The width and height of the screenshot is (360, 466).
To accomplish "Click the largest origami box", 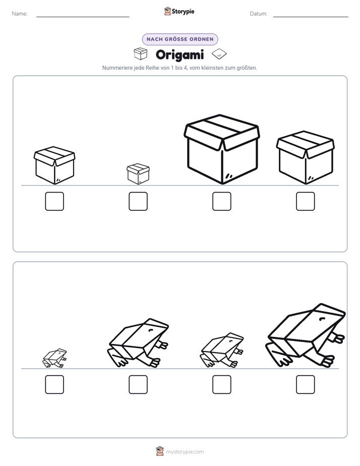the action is pos(222,149).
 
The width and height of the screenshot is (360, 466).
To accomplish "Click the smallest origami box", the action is pos(138,173).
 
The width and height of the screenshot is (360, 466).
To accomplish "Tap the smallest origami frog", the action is pos(54,358).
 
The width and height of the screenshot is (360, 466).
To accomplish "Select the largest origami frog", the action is pos(306,335).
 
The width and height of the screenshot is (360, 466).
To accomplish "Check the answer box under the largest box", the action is pos(222,201).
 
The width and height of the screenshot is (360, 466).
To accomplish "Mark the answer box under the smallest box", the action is pos(138,201).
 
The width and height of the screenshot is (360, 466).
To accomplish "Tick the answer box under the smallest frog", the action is pos(54,385).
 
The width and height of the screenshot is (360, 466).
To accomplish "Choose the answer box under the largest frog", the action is pos(306,385).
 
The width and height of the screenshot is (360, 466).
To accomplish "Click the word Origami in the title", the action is pos(179,55).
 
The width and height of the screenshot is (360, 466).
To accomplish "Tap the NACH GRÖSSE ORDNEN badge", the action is pos(180,39).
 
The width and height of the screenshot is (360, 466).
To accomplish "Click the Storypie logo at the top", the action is pos(179,11).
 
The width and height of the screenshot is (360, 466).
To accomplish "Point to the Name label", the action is pos(20,14).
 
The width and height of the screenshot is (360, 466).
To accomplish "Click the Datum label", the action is pos(259,14).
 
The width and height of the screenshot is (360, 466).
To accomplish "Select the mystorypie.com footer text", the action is pos(185,452).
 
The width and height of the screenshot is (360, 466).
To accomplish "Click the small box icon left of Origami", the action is pos(141,53).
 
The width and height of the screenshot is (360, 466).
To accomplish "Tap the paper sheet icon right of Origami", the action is pos(219,54).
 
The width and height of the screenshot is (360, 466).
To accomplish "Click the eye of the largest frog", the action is pos(322,319).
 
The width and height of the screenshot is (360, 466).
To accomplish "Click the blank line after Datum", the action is pos(311,17).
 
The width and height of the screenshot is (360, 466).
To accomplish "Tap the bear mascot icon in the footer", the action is pos(160,451).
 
